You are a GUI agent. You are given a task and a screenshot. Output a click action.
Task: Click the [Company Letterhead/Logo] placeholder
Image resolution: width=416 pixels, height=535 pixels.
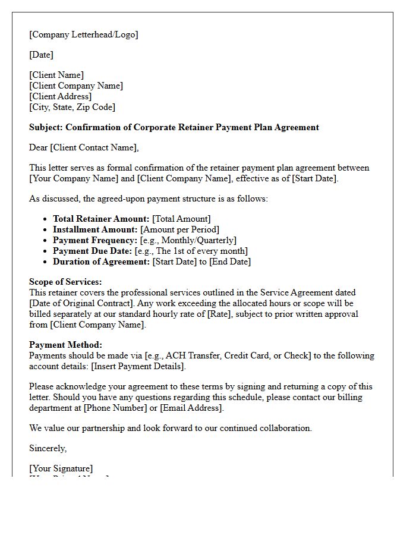83,34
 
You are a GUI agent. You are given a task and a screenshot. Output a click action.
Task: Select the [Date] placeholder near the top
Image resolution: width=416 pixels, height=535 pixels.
41,55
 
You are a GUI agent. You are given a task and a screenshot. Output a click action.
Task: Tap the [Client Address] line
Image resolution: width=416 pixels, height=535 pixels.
60,96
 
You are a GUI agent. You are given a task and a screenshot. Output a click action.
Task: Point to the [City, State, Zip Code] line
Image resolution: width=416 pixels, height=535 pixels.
72,107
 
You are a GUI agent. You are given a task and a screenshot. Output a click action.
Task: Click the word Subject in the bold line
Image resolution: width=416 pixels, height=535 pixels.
46,127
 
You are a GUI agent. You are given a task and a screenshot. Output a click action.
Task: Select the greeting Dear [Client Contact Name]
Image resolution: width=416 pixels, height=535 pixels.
84,147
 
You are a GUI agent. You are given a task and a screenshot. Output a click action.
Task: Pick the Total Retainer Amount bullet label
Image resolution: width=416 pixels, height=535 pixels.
101,219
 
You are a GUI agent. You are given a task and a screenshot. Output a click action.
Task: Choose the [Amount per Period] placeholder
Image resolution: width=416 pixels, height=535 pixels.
179,229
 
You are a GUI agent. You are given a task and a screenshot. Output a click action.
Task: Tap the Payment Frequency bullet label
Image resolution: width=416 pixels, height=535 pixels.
95,240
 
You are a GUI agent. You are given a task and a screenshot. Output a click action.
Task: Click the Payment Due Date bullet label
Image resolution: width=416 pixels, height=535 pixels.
92,251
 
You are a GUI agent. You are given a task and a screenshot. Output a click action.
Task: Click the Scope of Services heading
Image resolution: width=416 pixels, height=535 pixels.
65,282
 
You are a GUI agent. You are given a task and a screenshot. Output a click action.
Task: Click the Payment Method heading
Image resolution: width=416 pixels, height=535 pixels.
65,345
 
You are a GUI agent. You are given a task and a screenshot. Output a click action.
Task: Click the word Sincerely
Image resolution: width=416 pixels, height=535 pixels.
48,448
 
